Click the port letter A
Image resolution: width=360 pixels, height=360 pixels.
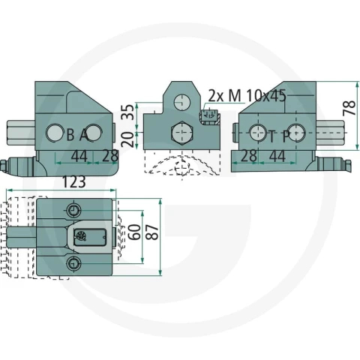click(x=84, y=135)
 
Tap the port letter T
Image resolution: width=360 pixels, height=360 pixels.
click(x=271, y=136)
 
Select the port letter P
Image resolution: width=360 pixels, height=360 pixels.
click(x=286, y=136)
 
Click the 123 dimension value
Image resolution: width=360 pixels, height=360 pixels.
click(x=73, y=181)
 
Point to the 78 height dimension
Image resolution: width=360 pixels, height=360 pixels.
click(x=349, y=108)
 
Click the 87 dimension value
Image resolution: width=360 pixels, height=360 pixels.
click(x=152, y=232)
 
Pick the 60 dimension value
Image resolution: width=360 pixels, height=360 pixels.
click(x=135, y=232)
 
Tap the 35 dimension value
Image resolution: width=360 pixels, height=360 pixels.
click(x=128, y=112)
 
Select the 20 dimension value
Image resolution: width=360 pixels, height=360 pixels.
click(x=128, y=139)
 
